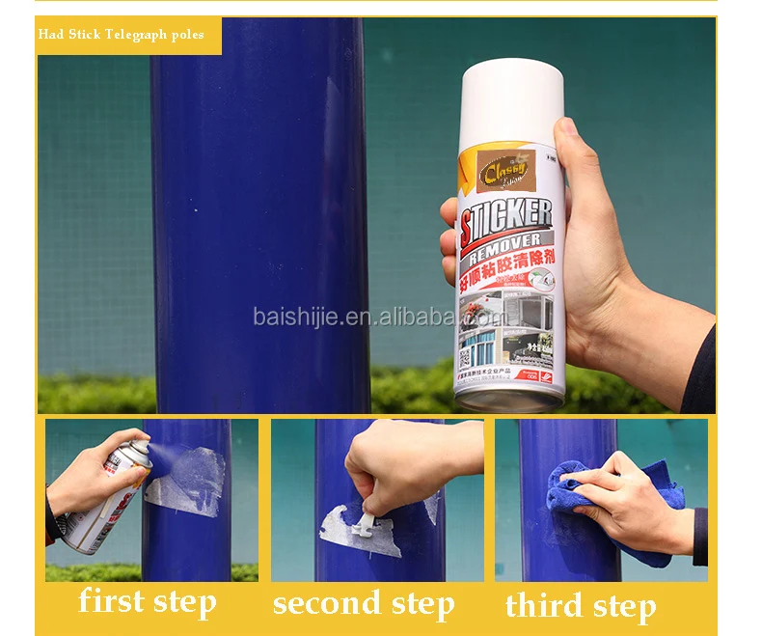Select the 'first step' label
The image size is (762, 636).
(x=148, y=601)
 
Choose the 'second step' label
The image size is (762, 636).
(x=363, y=603)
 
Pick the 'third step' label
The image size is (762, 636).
(x=580, y=606)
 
